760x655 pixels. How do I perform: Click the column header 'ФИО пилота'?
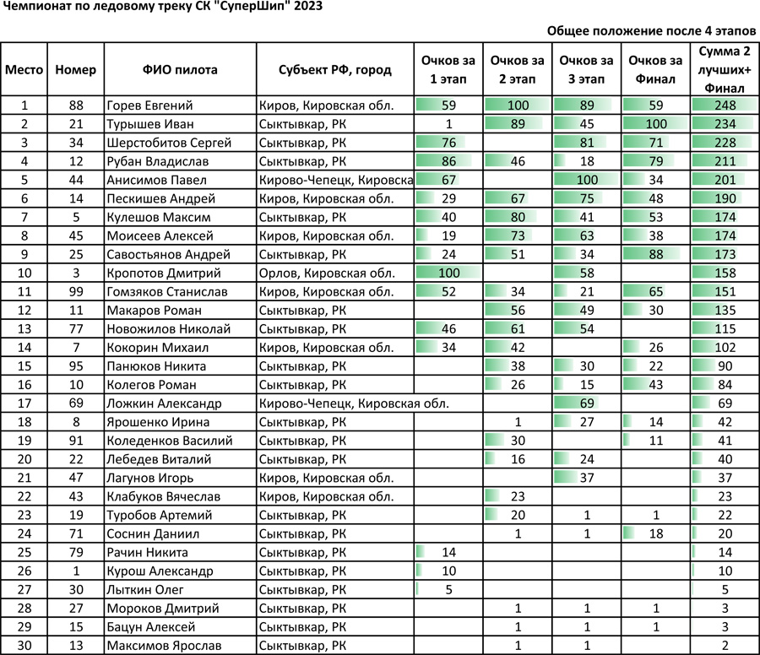click(x=180, y=70)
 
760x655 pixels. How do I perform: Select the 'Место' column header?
click(x=24, y=70)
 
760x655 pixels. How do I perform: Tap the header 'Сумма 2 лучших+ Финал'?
click(x=723, y=69)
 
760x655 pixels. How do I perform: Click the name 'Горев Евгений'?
click(x=150, y=106)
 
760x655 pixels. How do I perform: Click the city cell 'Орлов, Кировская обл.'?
click(x=326, y=273)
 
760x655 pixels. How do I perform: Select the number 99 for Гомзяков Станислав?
click(x=75, y=292)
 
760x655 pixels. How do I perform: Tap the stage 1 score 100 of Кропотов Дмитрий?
click(x=448, y=273)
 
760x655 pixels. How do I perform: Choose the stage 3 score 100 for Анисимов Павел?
click(x=585, y=180)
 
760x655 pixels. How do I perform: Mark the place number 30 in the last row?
click(x=24, y=645)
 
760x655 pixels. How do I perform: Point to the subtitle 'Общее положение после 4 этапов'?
click(x=651, y=30)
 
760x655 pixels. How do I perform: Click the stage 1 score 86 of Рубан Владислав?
click(x=448, y=161)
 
